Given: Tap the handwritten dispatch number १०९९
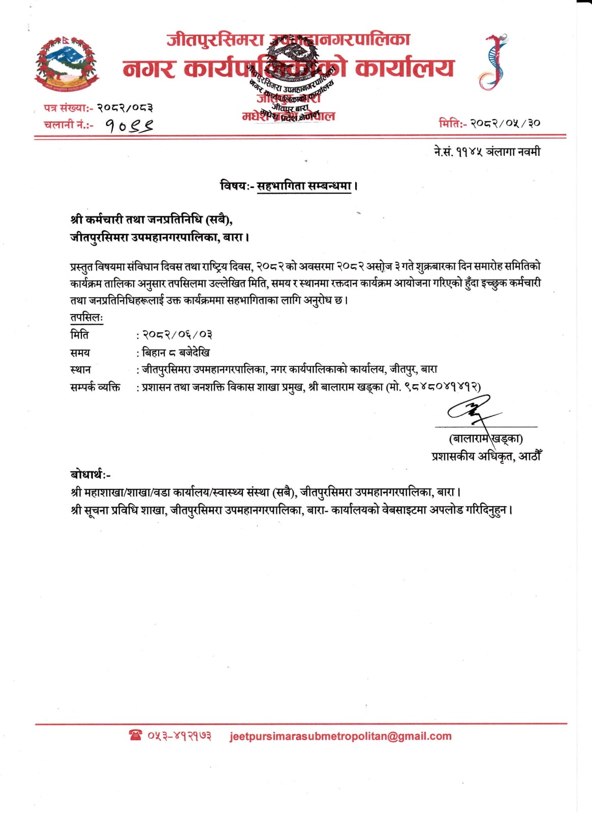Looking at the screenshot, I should [130, 125].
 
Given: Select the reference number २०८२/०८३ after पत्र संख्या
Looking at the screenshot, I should [125, 108].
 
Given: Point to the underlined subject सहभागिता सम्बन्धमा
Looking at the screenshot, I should [304, 186].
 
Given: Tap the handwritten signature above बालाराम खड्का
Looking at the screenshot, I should [470, 410].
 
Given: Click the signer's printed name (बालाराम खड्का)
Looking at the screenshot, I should [486, 439].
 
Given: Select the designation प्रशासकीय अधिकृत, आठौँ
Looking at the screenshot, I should [486, 456].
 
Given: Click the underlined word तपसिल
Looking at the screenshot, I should [86, 318].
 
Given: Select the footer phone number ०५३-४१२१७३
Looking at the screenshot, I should [179, 736].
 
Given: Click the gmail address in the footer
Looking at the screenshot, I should [340, 736].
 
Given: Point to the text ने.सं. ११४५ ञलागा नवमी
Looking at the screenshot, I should [487, 151].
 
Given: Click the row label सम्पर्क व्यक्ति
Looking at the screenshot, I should [95, 387].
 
